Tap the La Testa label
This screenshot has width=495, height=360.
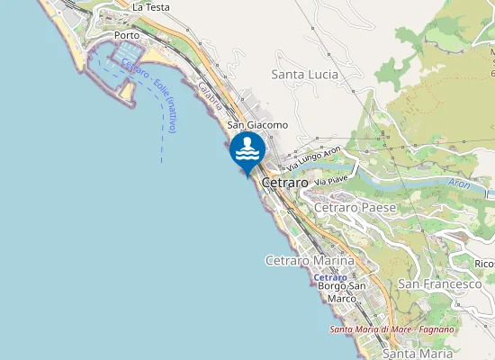point(150,7)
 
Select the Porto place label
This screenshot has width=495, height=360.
point(127,36)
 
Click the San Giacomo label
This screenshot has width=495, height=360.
point(257,125)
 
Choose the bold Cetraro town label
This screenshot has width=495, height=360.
point(284,182)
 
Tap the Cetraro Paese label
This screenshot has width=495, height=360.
point(356,207)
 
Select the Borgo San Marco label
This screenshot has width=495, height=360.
point(346,292)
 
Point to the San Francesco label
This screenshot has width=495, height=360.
point(440,283)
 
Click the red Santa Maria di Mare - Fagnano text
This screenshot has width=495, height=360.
point(391,329)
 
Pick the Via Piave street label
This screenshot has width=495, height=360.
point(331,181)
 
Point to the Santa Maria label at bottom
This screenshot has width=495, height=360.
point(418,354)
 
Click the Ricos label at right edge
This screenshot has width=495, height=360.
point(484,263)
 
